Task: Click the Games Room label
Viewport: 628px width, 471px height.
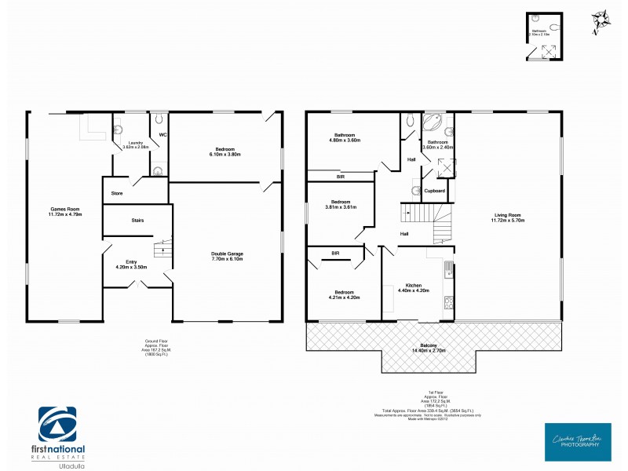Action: point(65,211)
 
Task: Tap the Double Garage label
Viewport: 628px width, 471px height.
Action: point(228,255)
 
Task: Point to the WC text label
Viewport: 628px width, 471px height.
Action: point(163,134)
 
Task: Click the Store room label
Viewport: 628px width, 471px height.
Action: point(118,192)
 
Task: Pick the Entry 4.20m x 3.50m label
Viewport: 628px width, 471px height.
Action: point(131,265)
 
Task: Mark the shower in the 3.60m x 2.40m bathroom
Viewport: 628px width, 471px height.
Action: point(446,167)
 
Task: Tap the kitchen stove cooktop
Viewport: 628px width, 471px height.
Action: point(447,303)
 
